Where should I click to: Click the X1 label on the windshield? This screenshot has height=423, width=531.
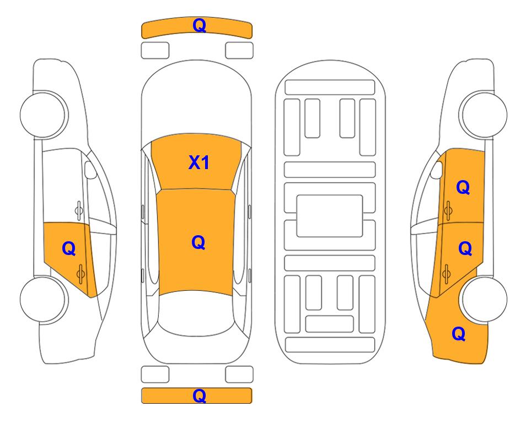click(199, 163)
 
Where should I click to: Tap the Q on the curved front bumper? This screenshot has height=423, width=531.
click(199, 25)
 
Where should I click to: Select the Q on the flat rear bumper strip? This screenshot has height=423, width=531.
click(199, 395)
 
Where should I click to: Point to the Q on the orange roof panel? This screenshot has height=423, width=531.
click(198, 242)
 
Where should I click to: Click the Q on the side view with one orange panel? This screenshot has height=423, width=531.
click(69, 249)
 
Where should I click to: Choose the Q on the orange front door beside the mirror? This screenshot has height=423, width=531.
click(463, 187)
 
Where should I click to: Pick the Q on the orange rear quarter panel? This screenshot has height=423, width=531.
click(459, 334)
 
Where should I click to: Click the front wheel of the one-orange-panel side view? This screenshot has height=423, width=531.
click(44, 115)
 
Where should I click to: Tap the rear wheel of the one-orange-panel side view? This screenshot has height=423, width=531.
click(44, 299)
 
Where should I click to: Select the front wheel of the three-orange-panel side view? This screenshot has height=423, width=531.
click(483, 115)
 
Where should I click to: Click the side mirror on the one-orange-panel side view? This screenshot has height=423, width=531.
click(90, 170)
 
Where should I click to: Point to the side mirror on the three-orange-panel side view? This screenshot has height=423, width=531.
click(437, 170)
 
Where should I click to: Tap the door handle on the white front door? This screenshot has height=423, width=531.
click(79, 210)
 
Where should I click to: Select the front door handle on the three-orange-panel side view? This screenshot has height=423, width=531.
click(448, 210)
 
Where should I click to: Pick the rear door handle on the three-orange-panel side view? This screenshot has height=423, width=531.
click(446, 273)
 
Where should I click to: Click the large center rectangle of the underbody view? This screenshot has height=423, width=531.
click(330, 216)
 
